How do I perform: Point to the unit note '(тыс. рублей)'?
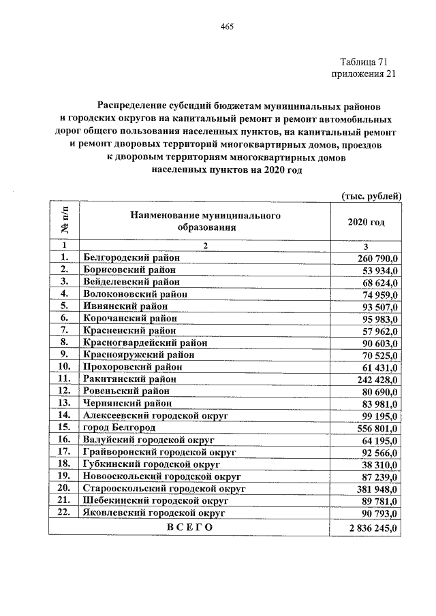pyautogui.click(x=371, y=195)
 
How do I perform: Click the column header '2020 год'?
pyautogui.click(x=367, y=223)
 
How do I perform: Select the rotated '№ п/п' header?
pyautogui.click(x=64, y=221)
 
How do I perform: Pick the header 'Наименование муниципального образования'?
pyautogui.click(x=204, y=222)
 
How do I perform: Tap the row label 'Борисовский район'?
pyautogui.click(x=127, y=270)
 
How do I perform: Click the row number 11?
pyautogui.click(x=64, y=378)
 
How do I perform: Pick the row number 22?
pyautogui.click(x=64, y=513)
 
